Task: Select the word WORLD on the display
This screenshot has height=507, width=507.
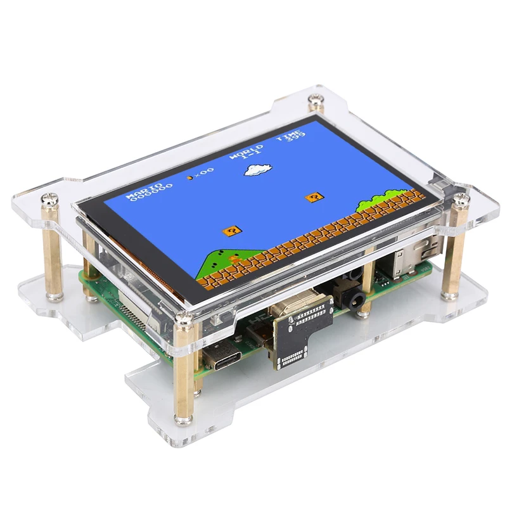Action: point(242,155)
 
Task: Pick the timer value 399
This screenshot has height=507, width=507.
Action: point(295,134)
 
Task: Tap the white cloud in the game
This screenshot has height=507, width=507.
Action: point(259,169)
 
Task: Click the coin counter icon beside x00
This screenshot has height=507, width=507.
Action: point(189,177)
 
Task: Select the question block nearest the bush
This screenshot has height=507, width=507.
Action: point(314,197)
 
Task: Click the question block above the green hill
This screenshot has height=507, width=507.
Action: point(231,231)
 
